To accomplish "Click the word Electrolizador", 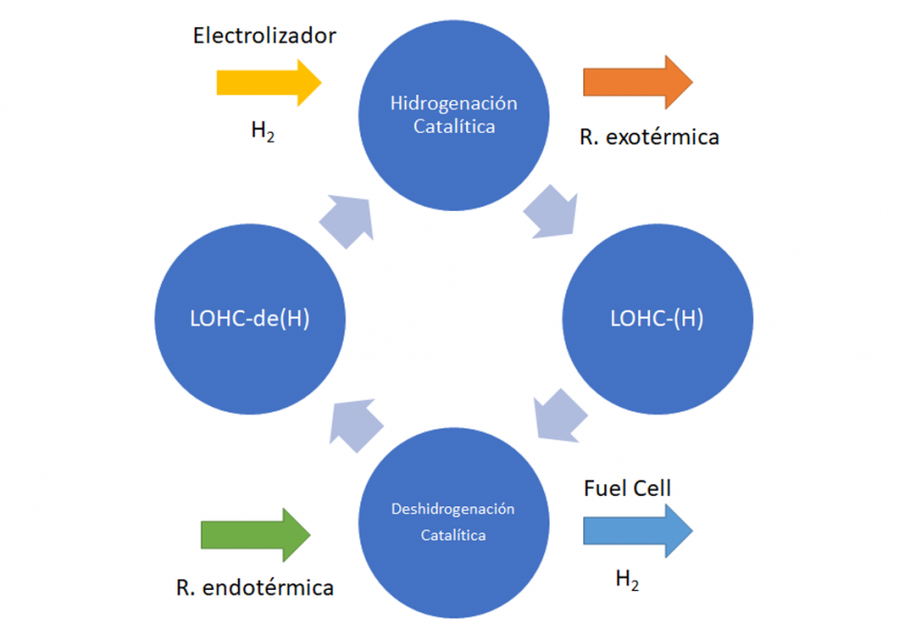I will pos(265,36).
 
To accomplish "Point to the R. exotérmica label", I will pos(650,137).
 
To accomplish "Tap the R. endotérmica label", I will pos(254,587).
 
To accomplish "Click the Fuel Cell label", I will pos(627,488).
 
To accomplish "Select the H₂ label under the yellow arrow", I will pos(264,130).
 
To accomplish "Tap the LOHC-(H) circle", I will pos(655,318).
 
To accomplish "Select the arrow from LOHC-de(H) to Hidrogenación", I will pos(346,220).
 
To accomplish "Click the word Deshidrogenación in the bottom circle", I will pos(453,509).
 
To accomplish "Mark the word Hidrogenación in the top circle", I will pos(453,102).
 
